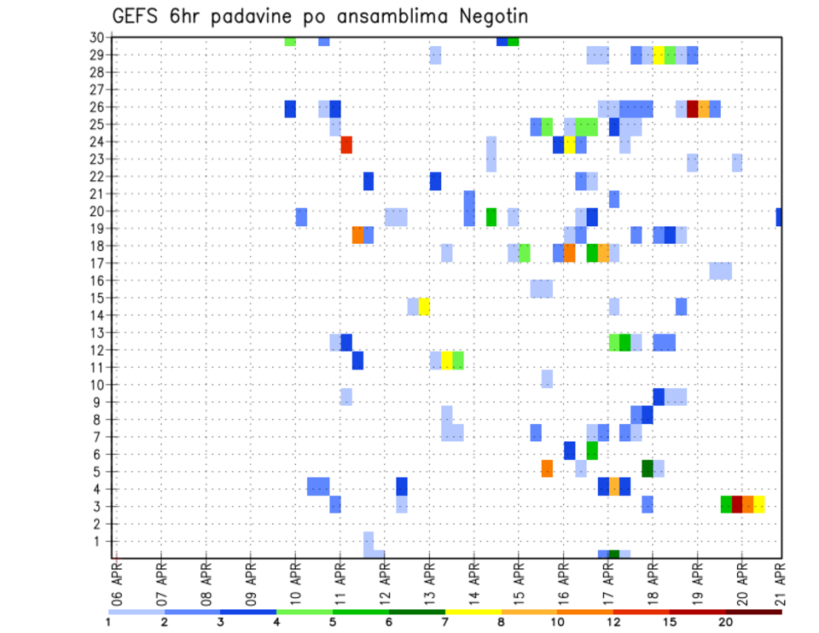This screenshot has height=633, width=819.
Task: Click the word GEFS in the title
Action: pyautogui.click(x=137, y=16)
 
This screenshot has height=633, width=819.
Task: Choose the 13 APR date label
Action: pyautogui.click(x=429, y=583)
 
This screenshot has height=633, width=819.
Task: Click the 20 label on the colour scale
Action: pyautogui.click(x=726, y=622)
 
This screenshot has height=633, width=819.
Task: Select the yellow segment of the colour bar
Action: pyautogui.click(x=473, y=612)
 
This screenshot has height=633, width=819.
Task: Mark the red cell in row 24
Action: pyautogui.click(x=346, y=145)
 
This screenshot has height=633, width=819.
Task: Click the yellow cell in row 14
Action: pyautogui.click(x=424, y=306)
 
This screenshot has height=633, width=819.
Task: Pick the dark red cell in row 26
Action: pyautogui.click(x=693, y=108)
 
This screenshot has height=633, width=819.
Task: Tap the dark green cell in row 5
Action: pyautogui.click(x=648, y=468)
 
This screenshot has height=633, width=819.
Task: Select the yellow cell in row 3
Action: pyautogui.click(x=759, y=504)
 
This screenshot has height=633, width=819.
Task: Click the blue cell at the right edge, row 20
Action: pyautogui.click(x=779, y=217)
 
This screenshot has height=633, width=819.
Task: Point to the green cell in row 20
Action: pyautogui.click(x=491, y=217)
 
